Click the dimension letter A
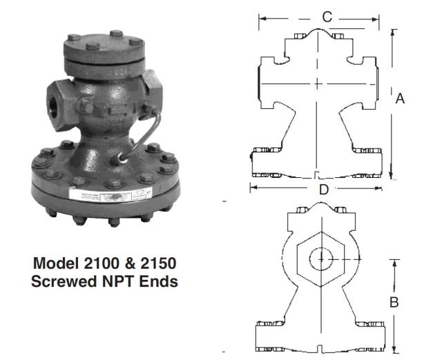[x=400, y=99]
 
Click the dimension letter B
[x=394, y=302]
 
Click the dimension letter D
[x=323, y=188]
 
